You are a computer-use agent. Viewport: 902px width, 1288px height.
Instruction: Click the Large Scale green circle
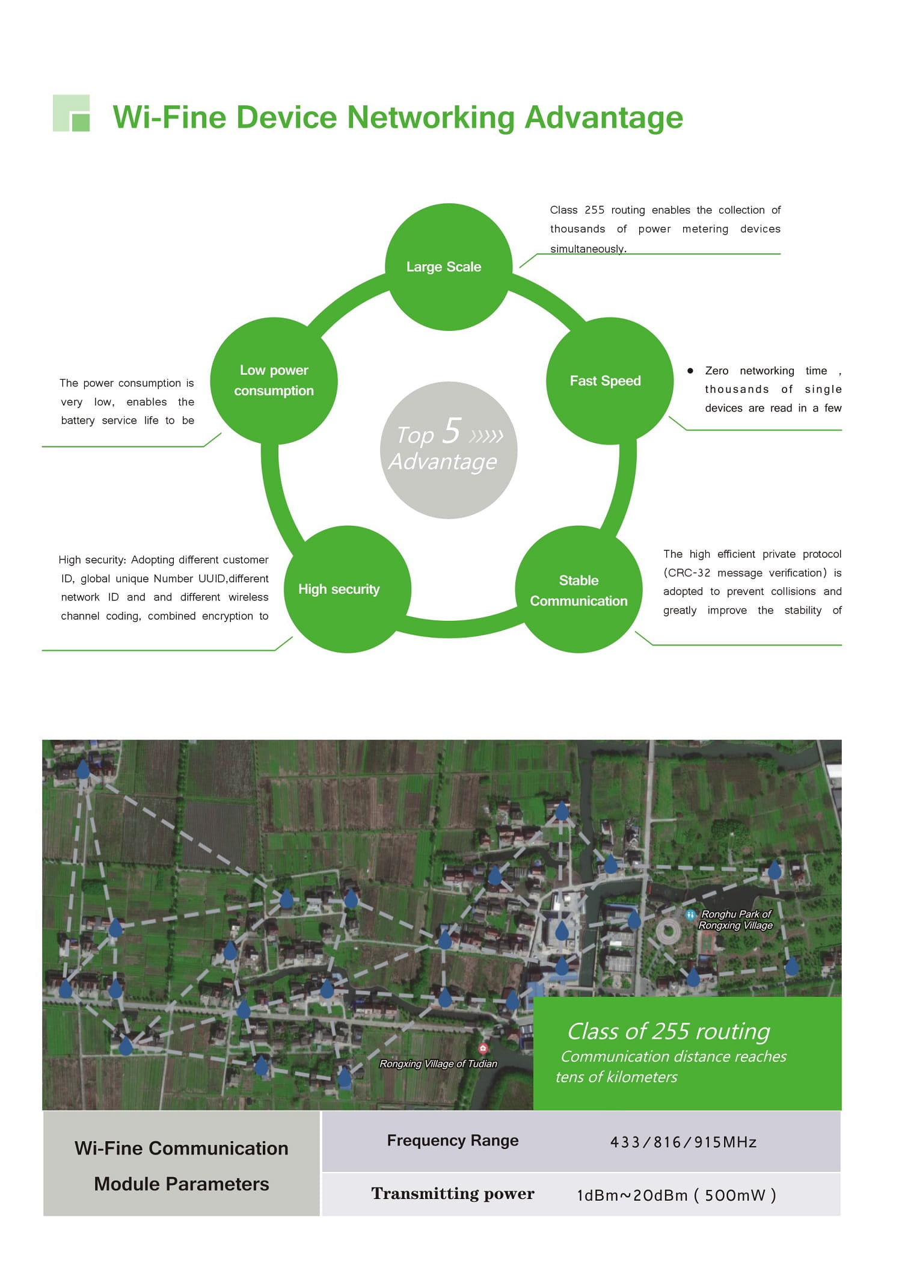click(x=448, y=267)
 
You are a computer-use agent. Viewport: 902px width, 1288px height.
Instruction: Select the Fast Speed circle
click(x=609, y=381)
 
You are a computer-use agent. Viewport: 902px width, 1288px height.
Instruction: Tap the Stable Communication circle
click(x=578, y=590)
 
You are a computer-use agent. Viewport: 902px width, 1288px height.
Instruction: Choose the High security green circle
click(x=347, y=590)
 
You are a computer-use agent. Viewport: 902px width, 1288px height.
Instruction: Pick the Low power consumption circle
click(x=274, y=381)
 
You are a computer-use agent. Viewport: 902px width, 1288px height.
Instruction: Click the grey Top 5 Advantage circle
click(x=448, y=450)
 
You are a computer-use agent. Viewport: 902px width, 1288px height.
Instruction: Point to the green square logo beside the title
click(x=72, y=113)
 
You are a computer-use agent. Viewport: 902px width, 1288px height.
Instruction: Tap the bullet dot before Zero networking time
click(x=690, y=371)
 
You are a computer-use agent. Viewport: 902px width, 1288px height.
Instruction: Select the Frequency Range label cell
click(x=452, y=1141)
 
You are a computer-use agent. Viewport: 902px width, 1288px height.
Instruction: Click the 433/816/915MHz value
click(x=683, y=1142)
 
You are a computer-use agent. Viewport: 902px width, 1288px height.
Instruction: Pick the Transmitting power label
click(x=452, y=1194)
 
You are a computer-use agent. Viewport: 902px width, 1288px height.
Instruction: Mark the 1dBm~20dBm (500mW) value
click(x=676, y=1195)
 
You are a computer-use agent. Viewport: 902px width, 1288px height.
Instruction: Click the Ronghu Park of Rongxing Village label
click(x=735, y=920)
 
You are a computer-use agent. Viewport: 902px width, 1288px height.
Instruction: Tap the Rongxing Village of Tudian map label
click(x=438, y=1064)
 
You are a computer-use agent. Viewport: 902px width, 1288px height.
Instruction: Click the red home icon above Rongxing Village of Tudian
click(x=482, y=1049)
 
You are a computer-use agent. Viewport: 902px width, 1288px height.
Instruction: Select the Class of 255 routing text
click(x=668, y=1031)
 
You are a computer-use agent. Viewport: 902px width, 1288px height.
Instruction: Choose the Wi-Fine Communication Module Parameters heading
click(x=181, y=1166)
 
